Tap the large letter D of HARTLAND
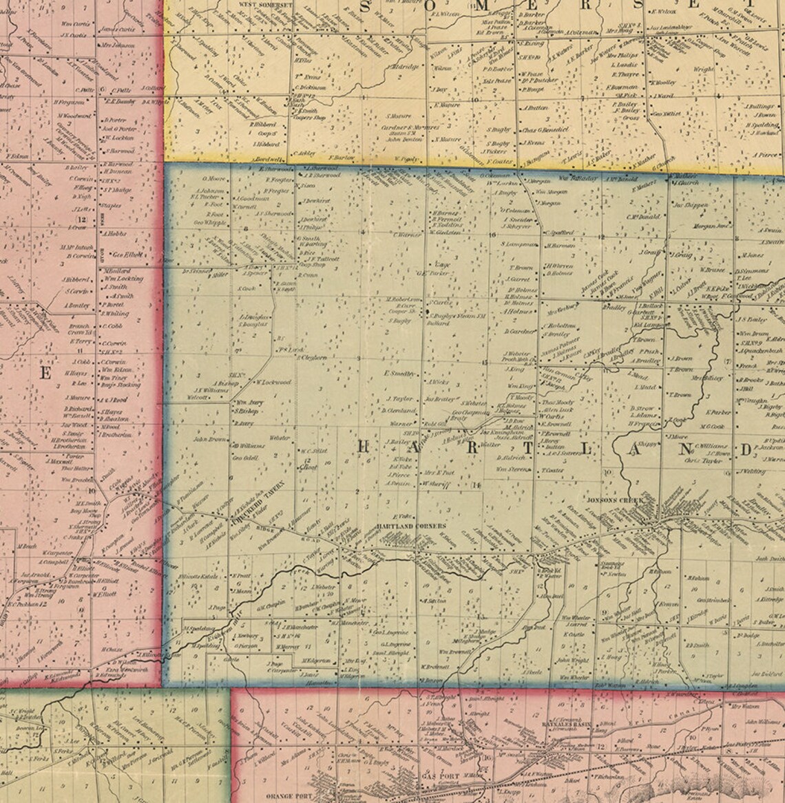click(x=745, y=450)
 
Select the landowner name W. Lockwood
click(x=273, y=382)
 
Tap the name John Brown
click(x=210, y=438)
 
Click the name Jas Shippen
click(x=689, y=204)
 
